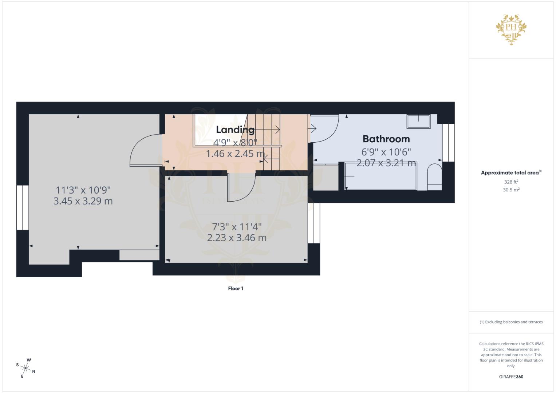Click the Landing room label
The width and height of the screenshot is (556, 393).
click(x=235, y=130)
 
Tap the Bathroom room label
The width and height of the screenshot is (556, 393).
click(x=386, y=139)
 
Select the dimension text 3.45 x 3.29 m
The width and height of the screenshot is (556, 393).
click(x=83, y=201)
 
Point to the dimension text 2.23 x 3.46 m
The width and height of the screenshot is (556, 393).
click(x=237, y=238)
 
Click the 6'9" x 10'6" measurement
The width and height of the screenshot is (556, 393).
click(x=386, y=152)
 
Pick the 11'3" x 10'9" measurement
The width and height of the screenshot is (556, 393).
click(x=83, y=190)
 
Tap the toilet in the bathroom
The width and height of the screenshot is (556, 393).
click(x=434, y=177)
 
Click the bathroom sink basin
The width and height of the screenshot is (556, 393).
click(x=418, y=121)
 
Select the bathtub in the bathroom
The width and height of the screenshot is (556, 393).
click(x=381, y=176)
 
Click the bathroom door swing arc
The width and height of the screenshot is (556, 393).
click(x=325, y=128)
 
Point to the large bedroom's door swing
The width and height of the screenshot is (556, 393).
click(x=145, y=150)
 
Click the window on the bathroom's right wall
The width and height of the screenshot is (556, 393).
click(x=449, y=143)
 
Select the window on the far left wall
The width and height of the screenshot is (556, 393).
click(x=23, y=207)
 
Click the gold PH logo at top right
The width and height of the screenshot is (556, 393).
click(x=511, y=28)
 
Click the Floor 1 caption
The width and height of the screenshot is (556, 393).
click(x=236, y=289)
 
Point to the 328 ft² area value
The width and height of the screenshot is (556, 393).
click(x=511, y=182)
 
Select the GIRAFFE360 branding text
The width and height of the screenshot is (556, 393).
click(x=511, y=377)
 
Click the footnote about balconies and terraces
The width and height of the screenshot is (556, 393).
click(x=511, y=322)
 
